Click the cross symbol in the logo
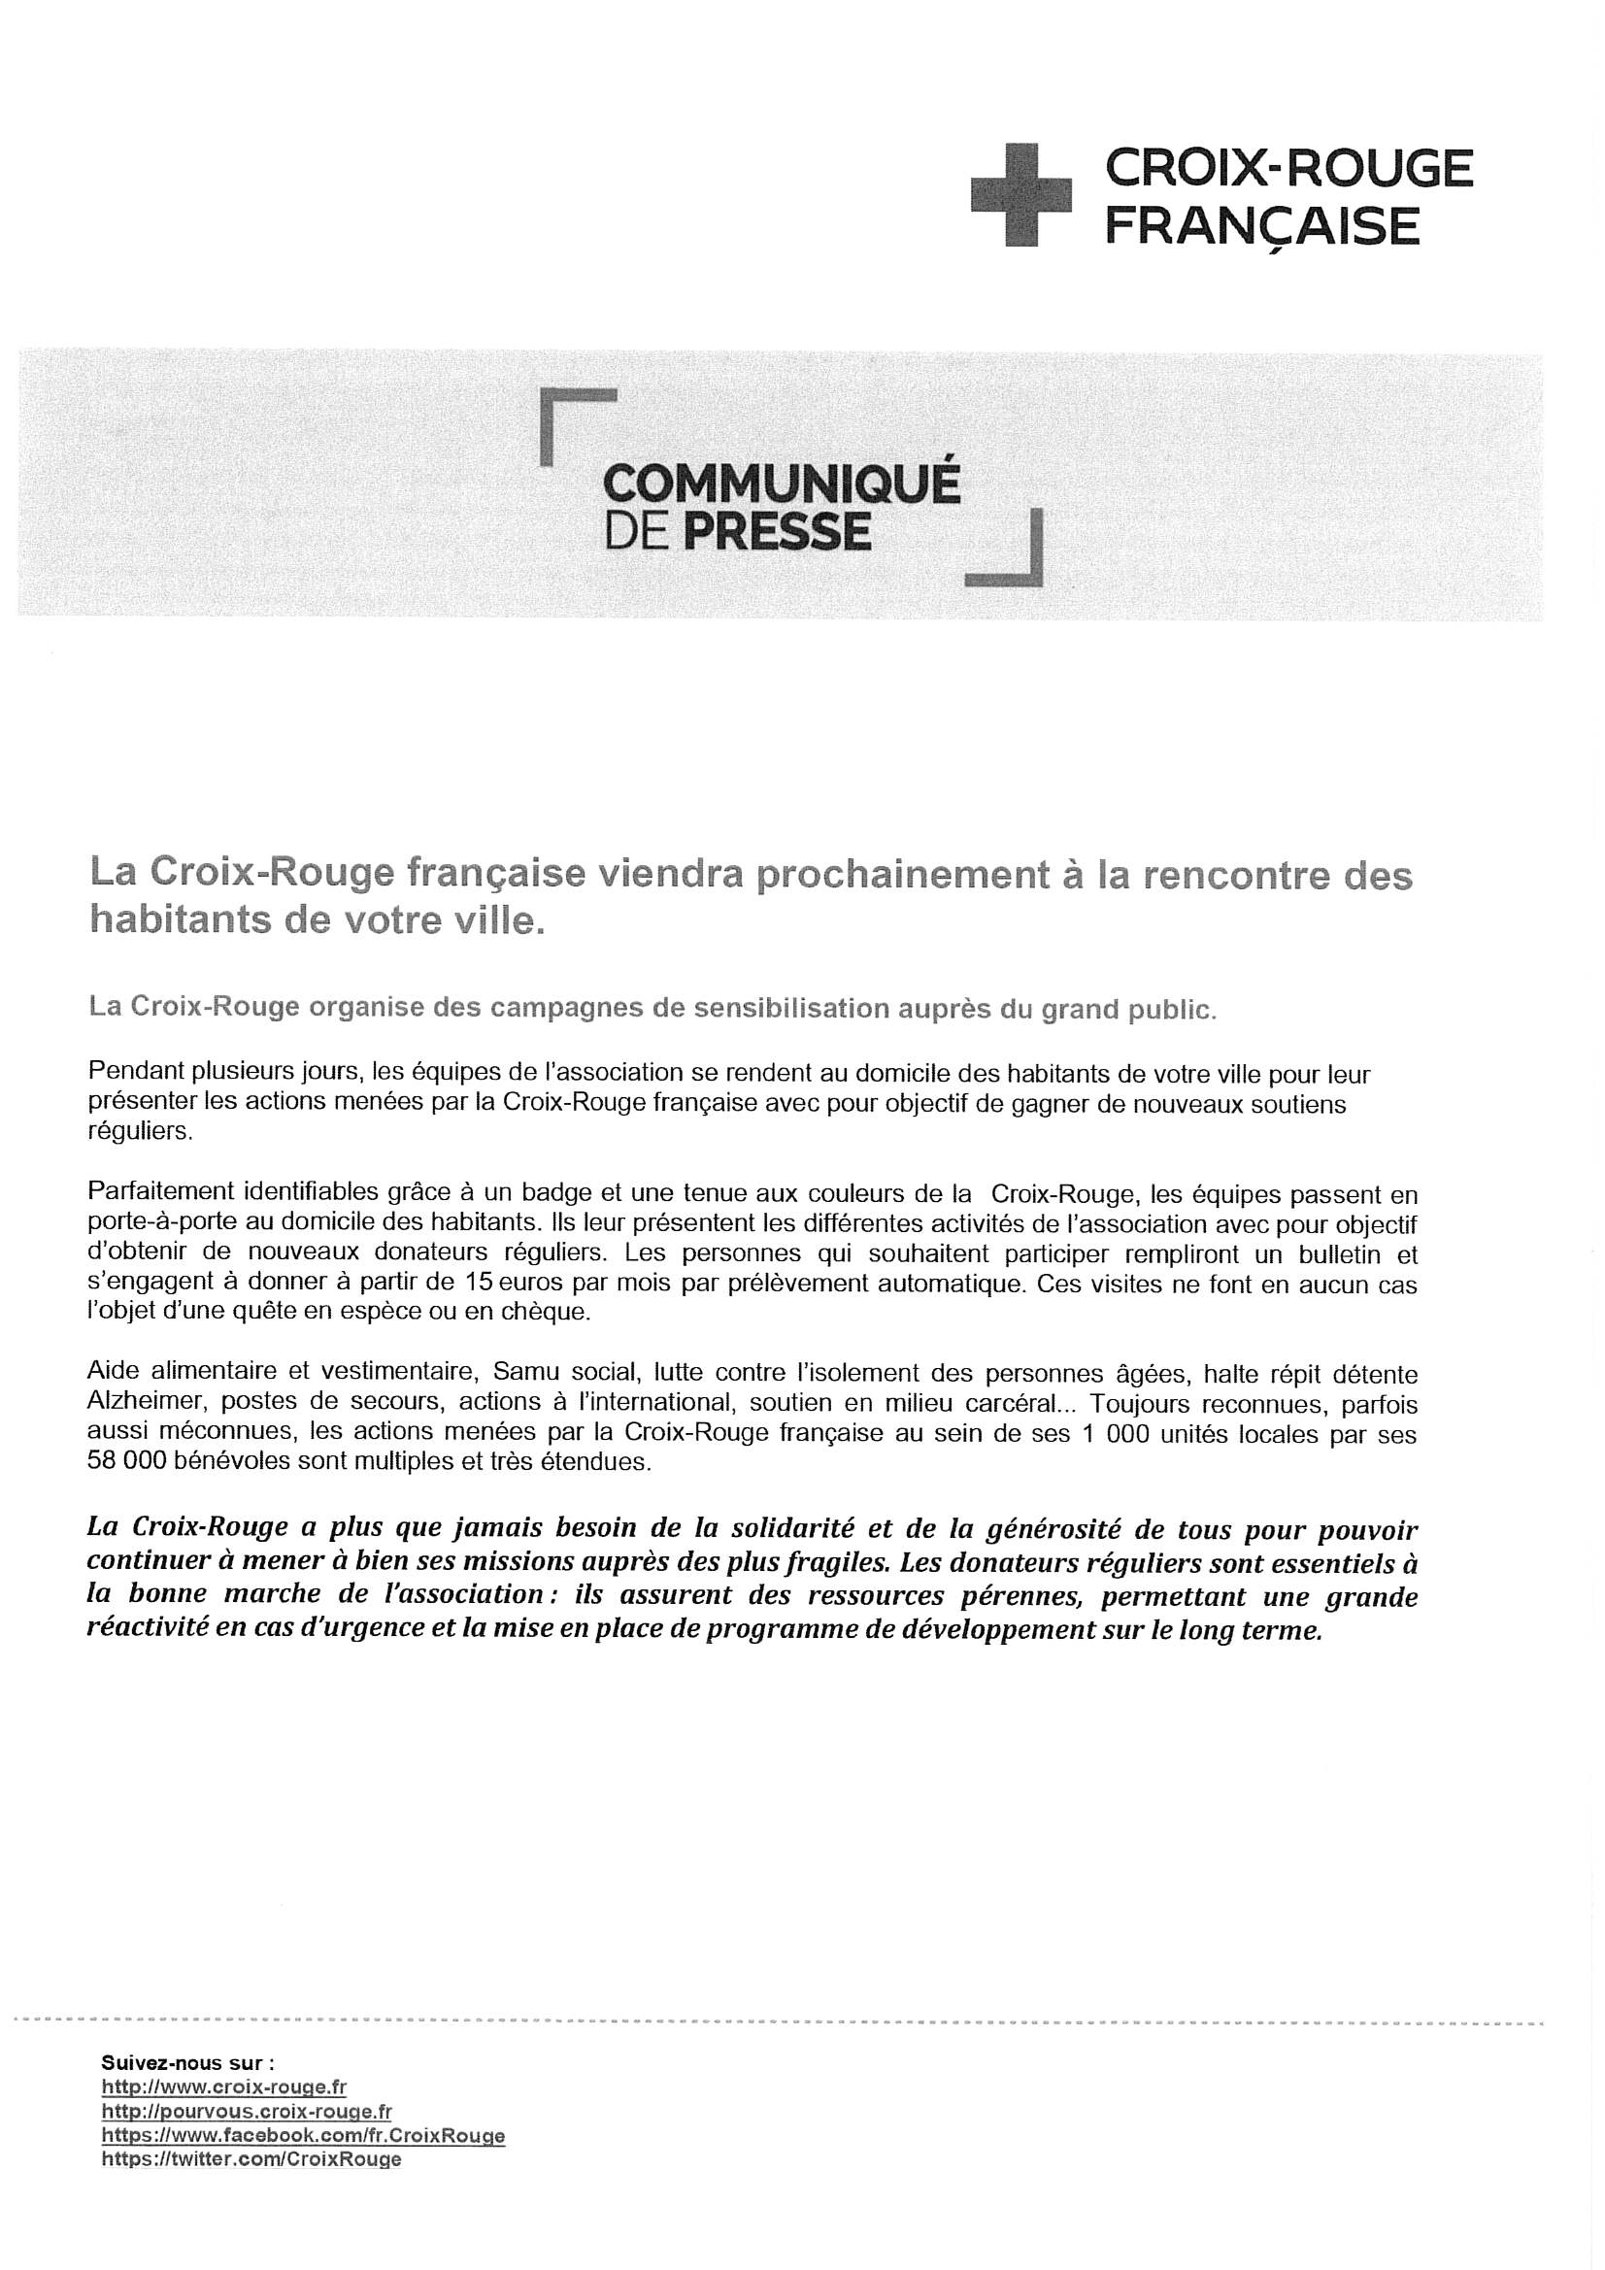click(x=1020, y=194)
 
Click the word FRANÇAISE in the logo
click(x=1261, y=226)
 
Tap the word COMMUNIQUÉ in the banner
click(x=781, y=484)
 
